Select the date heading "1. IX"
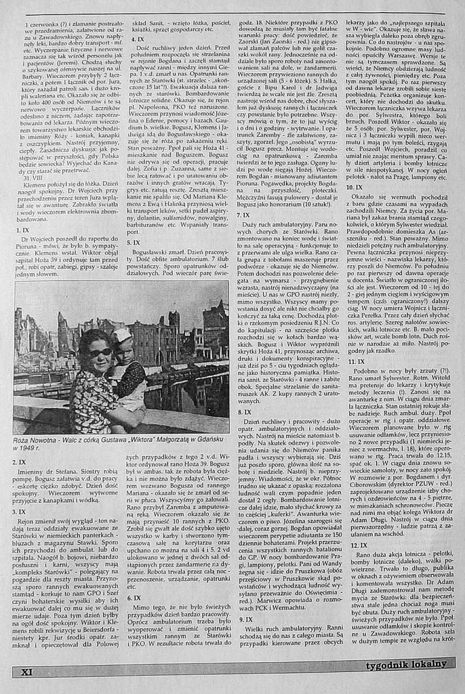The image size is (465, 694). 22,230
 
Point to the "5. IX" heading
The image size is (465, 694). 134,242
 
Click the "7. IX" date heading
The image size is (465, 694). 244,215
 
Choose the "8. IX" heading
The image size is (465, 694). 245,411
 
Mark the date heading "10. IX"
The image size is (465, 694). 355,186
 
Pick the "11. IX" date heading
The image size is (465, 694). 356,361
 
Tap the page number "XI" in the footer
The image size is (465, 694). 28,672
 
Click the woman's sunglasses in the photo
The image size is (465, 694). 100,352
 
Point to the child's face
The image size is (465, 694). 124,352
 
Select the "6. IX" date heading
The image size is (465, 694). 134,598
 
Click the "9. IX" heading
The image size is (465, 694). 245,619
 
